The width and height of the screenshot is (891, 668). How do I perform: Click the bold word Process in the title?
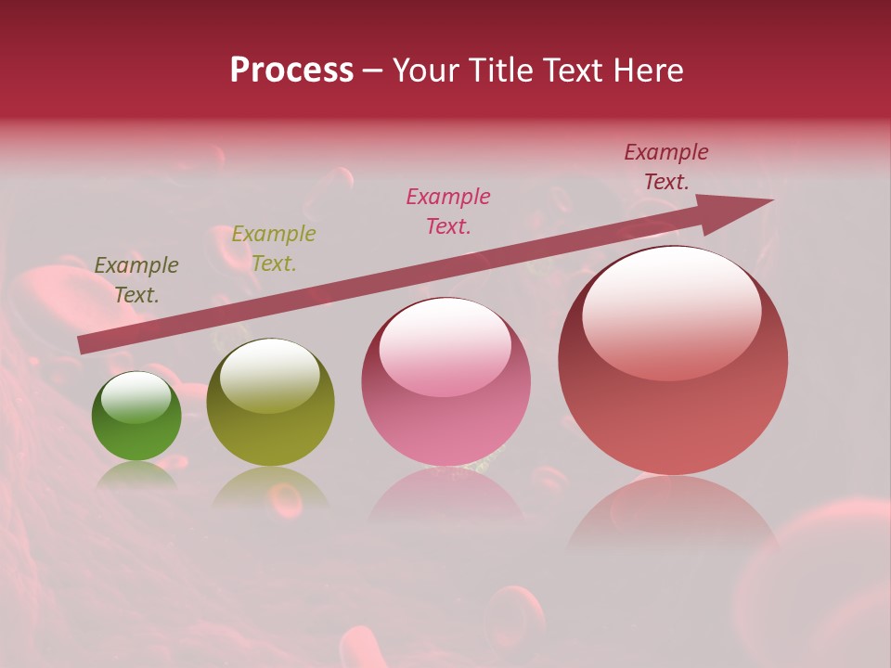point(291,71)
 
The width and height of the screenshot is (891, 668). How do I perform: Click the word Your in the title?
point(425,71)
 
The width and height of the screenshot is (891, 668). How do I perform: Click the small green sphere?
point(136,417)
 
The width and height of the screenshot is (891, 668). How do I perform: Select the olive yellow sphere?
point(270,403)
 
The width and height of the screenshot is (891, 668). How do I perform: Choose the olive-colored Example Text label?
point(274,249)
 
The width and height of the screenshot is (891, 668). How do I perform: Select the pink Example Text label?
point(448,211)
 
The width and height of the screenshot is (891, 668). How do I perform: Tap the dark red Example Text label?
point(666,167)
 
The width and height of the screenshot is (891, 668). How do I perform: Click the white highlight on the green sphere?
point(136,397)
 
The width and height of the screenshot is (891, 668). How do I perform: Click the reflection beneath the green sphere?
point(136,475)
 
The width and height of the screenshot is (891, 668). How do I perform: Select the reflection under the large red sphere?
point(672,510)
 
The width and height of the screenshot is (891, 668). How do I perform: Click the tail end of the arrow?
point(82,344)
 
